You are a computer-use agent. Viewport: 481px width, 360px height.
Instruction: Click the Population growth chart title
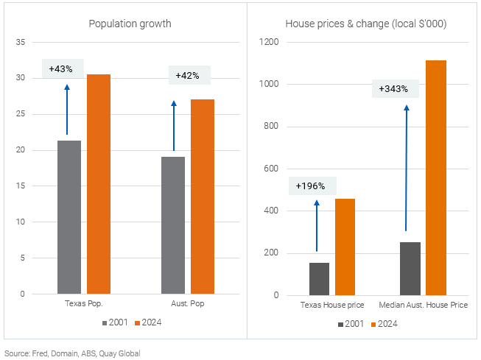[130, 24]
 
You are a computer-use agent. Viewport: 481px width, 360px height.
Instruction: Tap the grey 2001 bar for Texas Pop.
[69, 217]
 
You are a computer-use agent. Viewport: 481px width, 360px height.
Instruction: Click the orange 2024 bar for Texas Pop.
[99, 184]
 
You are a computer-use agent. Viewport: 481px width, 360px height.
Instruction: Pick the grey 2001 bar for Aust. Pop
[173, 225]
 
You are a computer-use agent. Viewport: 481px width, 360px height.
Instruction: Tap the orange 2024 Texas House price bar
[345, 247]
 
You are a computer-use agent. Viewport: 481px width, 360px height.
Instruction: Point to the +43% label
[61, 68]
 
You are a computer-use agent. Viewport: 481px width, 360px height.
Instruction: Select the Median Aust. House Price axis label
[422, 305]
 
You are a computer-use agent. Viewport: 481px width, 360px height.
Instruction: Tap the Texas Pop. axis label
[84, 303]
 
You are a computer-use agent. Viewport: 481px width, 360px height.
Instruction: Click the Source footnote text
[72, 353]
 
